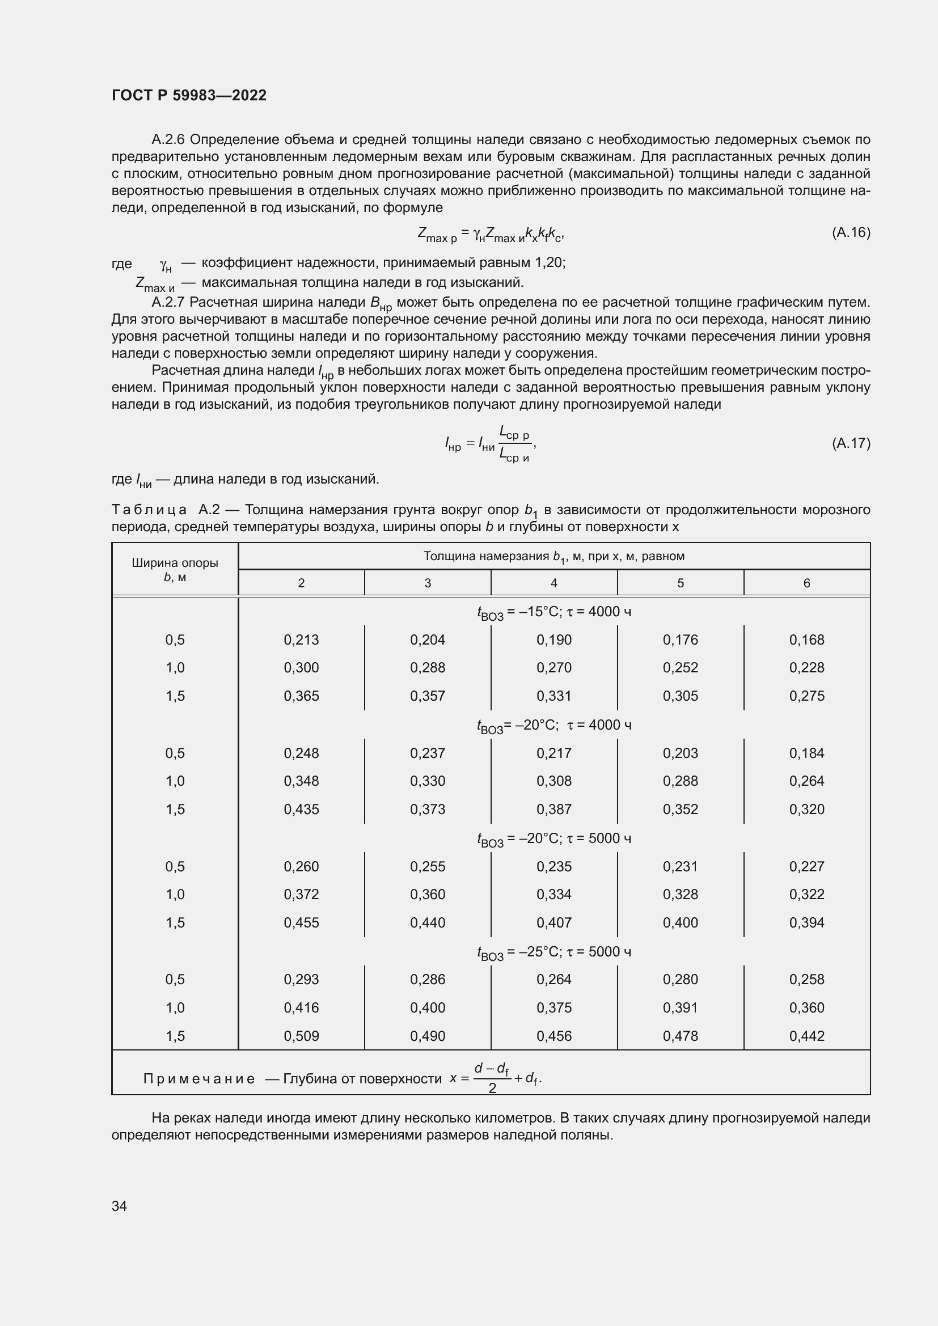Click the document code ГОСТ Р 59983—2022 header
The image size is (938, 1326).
pyautogui.click(x=189, y=95)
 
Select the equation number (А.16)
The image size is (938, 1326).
pyautogui.click(x=851, y=232)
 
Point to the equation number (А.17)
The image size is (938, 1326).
pyautogui.click(x=851, y=443)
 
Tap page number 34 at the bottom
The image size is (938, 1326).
pyautogui.click(x=119, y=1206)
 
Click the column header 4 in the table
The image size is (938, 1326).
pyautogui.click(x=553, y=583)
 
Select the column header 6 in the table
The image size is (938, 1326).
pyautogui.click(x=806, y=583)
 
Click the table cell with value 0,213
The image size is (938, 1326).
pyautogui.click(x=301, y=639)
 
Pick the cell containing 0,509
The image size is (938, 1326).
pyautogui.click(x=301, y=1036)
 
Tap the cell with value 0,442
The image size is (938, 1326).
pyautogui.click(x=806, y=1036)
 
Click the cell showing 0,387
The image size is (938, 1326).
pyautogui.click(x=553, y=809)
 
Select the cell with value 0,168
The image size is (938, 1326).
pyautogui.click(x=806, y=639)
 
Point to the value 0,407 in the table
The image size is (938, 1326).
pyautogui.click(x=553, y=922)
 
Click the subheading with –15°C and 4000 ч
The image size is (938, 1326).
pyautogui.click(x=553, y=612)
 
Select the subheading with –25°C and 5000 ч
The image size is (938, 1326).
pyautogui.click(x=553, y=952)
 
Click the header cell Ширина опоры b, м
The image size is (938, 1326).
pyautogui.click(x=175, y=569)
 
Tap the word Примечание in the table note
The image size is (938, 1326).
pyautogui.click(x=198, y=1079)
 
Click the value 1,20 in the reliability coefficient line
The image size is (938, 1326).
pyautogui.click(x=548, y=263)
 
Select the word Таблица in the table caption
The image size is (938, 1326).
pyautogui.click(x=149, y=510)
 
